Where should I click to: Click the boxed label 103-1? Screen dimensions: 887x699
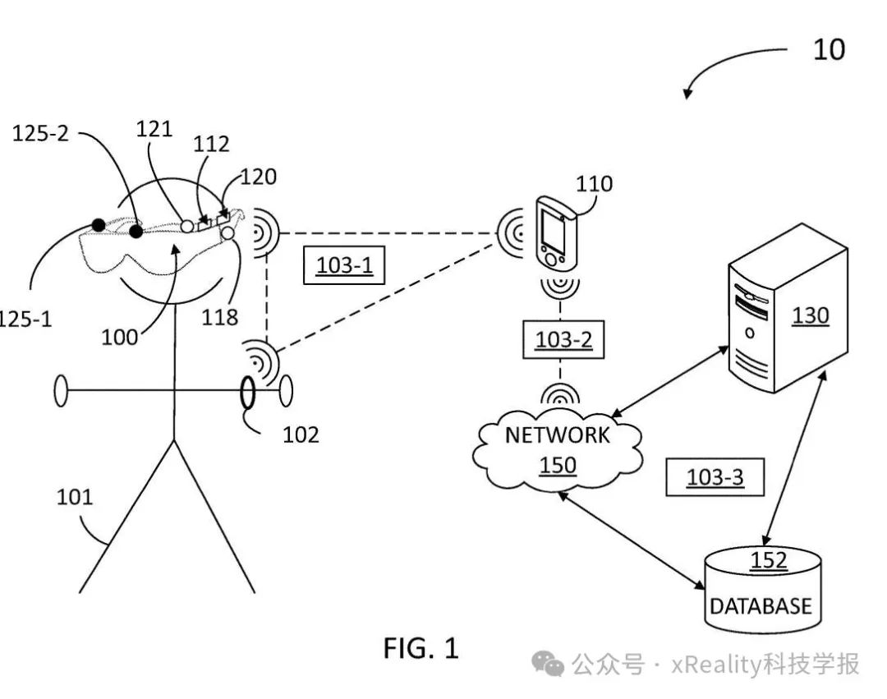tap(344, 264)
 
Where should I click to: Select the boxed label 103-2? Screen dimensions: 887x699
tap(563, 339)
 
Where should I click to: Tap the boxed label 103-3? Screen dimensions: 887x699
tap(715, 476)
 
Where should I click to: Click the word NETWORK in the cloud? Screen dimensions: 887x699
tap(557, 435)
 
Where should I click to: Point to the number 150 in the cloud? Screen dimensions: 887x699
tap(558, 465)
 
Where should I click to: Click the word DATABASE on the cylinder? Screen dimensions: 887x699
tap(761, 606)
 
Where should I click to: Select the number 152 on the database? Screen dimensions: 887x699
tap(769, 560)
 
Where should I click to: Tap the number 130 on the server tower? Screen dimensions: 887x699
tap(810, 315)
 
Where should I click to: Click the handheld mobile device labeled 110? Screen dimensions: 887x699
tap(555, 234)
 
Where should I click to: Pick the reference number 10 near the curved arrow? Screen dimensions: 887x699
tap(829, 50)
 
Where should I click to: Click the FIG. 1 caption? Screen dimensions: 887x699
tap(421, 648)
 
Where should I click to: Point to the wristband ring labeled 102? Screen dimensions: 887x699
tap(247, 392)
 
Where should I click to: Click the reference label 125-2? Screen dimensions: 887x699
tap(40, 133)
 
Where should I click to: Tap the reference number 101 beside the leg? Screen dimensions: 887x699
tap(74, 497)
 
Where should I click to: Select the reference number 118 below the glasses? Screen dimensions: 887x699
tap(219, 317)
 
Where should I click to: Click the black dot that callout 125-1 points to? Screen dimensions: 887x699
tap(99, 225)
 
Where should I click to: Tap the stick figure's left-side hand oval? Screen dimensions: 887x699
tap(61, 391)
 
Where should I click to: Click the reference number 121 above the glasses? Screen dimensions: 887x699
tap(154, 130)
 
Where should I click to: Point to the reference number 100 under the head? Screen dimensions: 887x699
tap(119, 337)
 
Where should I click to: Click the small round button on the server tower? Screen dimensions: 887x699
tap(750, 333)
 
